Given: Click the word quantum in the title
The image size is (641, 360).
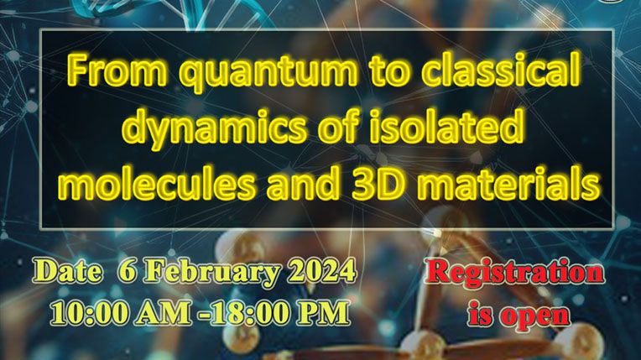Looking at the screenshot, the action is tap(268, 73).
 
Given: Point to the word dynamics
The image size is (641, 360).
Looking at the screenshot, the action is tap(213, 127).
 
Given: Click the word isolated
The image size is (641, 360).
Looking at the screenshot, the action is tap(446, 124).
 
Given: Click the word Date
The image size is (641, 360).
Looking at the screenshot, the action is tap(67, 272).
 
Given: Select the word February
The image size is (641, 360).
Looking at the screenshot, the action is tap(213, 273).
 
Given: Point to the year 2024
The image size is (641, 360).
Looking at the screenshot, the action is tap(321, 271).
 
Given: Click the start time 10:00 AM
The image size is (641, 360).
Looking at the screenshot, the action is tap(122, 313).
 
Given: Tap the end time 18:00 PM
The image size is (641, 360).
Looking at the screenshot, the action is tap(280, 313).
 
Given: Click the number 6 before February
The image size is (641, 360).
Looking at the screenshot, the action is tap(127, 271).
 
